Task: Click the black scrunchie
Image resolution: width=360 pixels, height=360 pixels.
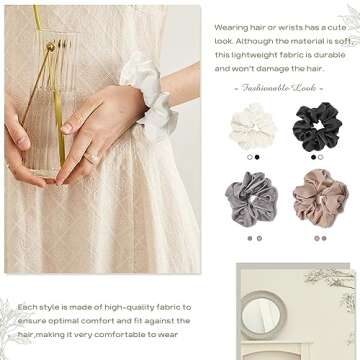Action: pos(317,127)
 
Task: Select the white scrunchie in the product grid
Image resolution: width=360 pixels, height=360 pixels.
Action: pos(252,127)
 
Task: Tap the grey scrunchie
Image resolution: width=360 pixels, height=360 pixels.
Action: pos(251,199)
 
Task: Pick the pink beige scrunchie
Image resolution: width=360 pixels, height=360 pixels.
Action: pos(321,198)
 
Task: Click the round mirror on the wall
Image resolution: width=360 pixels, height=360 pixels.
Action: pos(263,315)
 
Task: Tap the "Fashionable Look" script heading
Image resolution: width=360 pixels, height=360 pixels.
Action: pos(278,88)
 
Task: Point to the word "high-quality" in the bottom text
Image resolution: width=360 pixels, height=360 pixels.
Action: pos(125,307)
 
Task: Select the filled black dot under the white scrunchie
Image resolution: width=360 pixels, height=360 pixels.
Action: pos(257,157)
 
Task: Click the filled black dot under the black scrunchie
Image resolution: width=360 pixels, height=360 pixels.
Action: pos(313,157)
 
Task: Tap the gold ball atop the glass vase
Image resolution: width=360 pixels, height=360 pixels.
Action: pos(51,47)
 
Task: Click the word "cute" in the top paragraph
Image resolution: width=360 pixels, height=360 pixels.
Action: pos(336,28)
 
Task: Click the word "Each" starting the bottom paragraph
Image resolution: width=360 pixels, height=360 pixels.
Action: pos(27,307)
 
